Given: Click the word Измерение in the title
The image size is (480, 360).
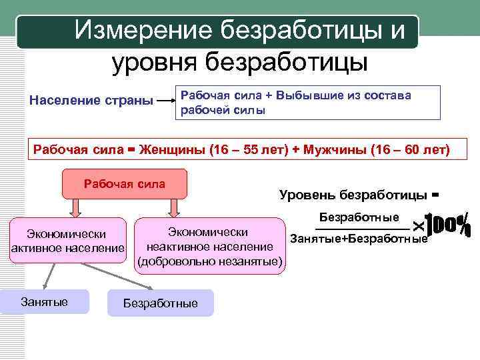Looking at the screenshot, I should (141, 30).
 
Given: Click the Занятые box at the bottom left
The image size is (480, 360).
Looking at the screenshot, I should (44, 302).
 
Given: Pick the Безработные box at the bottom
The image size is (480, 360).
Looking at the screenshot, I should (160, 303).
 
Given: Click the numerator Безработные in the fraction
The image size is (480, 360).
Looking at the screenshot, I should (359, 217).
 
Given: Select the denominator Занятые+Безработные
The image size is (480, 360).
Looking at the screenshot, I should (358, 239).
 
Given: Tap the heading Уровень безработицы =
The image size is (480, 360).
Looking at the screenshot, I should (359, 195).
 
